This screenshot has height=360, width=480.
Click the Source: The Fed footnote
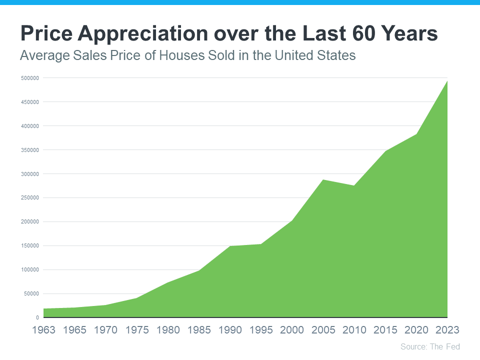click(430, 346)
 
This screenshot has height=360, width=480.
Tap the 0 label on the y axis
click(37, 317)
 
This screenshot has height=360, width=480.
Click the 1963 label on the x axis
click(43, 330)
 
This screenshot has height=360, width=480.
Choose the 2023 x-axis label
click(447, 330)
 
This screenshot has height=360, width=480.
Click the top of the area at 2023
click(446, 81)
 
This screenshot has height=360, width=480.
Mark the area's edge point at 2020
click(416, 134)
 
